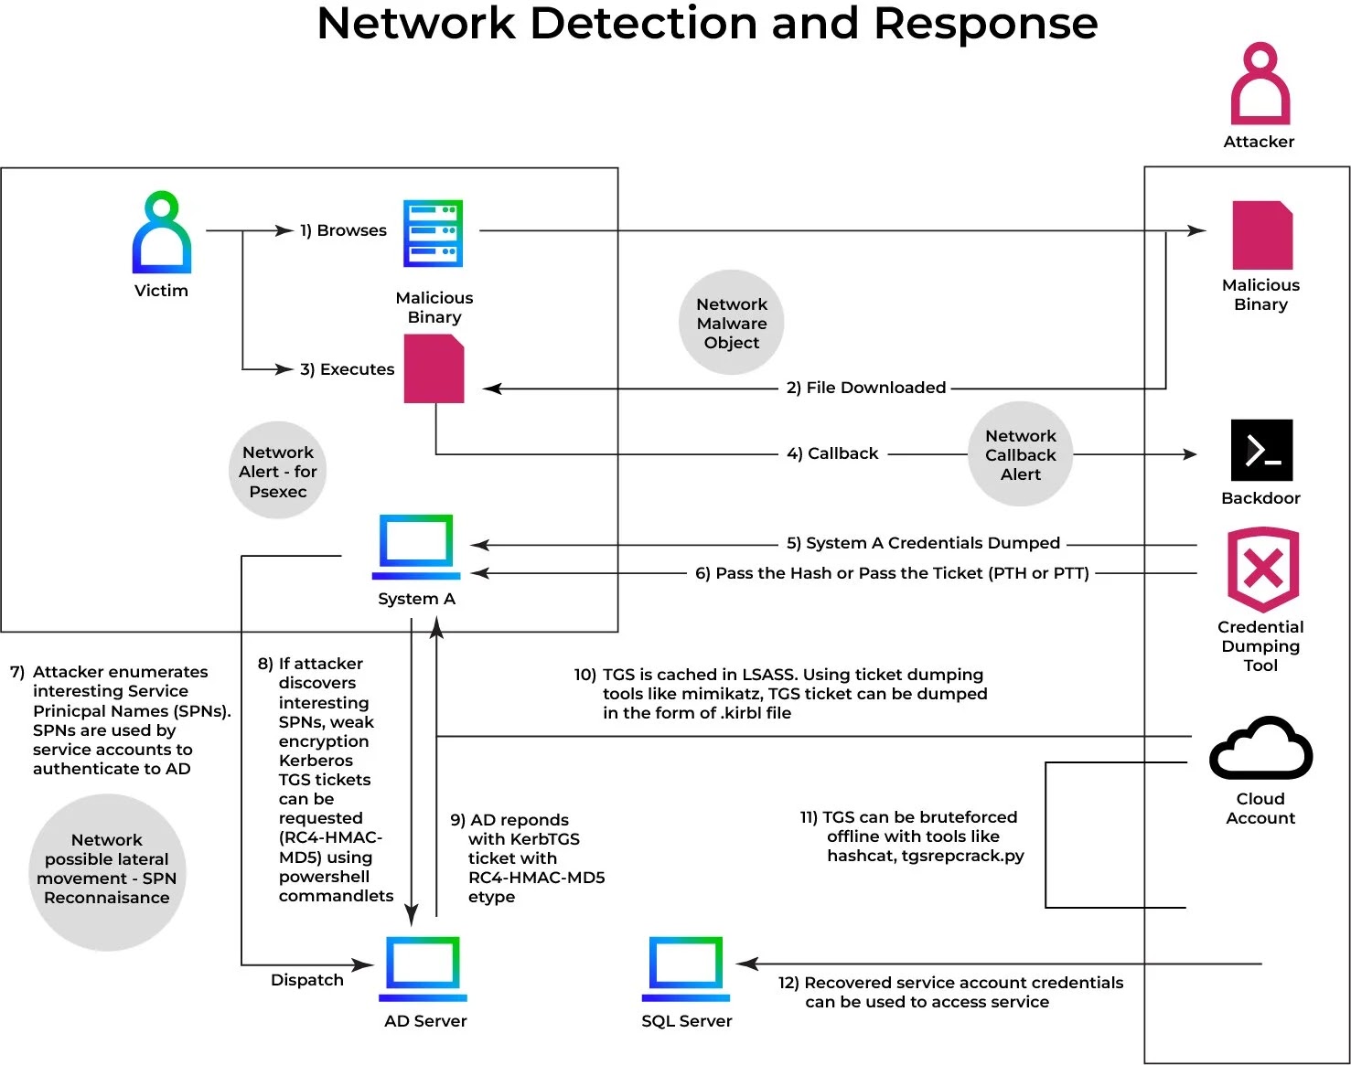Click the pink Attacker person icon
coord(1260,84)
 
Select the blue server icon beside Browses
coord(434,233)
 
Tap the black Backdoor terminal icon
coord(1261,450)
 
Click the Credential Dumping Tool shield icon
coord(1262,569)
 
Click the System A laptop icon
coord(416,546)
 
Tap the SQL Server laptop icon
coord(686,968)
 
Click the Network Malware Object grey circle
coord(732,323)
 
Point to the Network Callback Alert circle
coord(1020,454)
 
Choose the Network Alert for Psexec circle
coord(278,471)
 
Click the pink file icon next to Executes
coord(434,368)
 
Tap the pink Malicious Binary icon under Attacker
coord(1262,235)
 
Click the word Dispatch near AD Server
coord(307,980)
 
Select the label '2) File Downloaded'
coord(865,388)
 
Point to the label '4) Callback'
coord(832,453)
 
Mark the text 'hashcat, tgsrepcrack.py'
coord(925,856)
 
